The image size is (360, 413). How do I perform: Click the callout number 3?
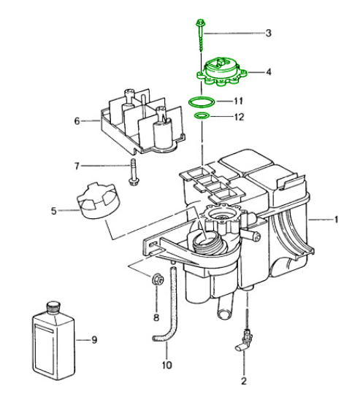click(x=268, y=33)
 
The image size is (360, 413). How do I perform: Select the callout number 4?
click(x=269, y=72)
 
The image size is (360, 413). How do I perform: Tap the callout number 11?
click(x=238, y=101)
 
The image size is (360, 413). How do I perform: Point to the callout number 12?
click(x=239, y=117)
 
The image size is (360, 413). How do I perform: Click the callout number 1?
click(x=337, y=220)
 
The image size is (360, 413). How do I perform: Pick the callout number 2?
click(x=244, y=381)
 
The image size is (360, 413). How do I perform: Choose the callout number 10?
click(x=167, y=365)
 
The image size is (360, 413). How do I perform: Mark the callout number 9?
click(x=94, y=340)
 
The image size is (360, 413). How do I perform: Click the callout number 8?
click(x=156, y=317)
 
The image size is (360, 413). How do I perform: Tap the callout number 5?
click(x=54, y=211)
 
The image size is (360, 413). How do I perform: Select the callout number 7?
click(x=77, y=166)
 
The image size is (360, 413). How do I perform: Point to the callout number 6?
click(x=77, y=121)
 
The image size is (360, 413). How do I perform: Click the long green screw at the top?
click(x=201, y=35)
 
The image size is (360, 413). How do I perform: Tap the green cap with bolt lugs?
click(x=221, y=72)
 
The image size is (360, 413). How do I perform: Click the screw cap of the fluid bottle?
click(x=53, y=307)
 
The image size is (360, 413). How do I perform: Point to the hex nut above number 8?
click(x=158, y=279)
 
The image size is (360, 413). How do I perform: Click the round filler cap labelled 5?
click(x=98, y=201)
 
